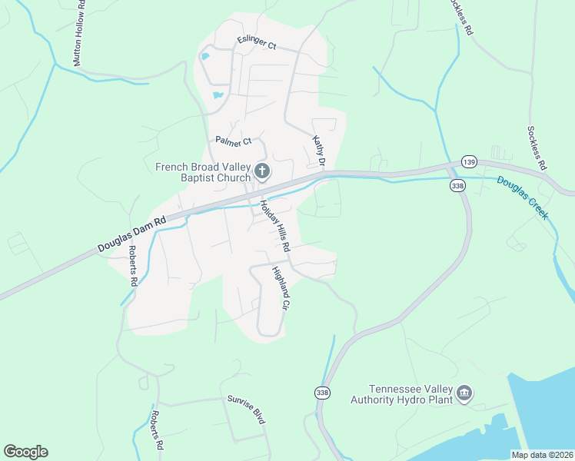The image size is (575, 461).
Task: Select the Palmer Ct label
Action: tap(233, 142)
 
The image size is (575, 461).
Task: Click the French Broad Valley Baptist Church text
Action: tap(203, 172)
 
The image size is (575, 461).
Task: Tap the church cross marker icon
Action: tap(262, 171)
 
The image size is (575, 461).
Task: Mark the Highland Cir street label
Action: tap(279, 289)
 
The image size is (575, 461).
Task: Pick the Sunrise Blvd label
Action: tap(246, 410)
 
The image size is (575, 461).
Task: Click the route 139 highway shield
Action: tap(469, 161)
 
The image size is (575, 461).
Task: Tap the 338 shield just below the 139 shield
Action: tap(458, 186)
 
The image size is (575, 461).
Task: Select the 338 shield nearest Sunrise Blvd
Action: tap(321, 393)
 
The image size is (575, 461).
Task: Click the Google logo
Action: tap(25, 452)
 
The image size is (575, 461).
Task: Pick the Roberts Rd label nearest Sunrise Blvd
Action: tap(157, 430)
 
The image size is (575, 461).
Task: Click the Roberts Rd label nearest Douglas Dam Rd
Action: tap(133, 266)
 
